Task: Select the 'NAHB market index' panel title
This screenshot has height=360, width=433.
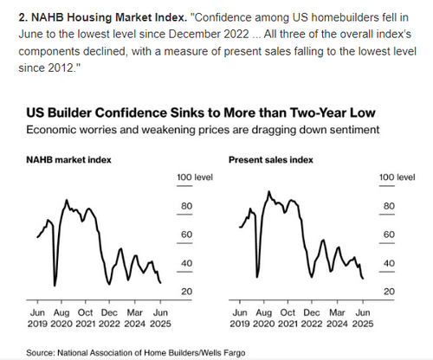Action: point(68,160)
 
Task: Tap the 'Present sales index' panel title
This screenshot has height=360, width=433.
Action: point(271,160)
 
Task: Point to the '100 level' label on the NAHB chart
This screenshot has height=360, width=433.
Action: point(195,177)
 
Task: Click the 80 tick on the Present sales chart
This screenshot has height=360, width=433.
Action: point(389,206)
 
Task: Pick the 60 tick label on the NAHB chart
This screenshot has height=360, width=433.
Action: point(186,235)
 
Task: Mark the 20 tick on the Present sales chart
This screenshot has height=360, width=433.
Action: point(389,292)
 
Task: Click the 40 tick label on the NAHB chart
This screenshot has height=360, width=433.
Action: point(186,263)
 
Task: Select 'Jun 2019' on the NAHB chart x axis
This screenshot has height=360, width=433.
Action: point(37,318)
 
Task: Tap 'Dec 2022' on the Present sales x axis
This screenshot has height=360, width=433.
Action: point(312,318)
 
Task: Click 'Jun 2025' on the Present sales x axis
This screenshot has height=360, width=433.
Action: point(363,318)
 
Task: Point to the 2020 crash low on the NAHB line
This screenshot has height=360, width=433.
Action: point(55,286)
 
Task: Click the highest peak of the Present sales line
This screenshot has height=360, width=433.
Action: point(269,191)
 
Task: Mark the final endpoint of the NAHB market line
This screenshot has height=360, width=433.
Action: point(160,283)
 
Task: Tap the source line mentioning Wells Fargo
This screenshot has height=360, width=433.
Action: point(136,352)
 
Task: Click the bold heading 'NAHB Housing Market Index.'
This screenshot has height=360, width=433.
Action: point(103,17)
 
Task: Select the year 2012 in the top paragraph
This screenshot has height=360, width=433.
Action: point(61,68)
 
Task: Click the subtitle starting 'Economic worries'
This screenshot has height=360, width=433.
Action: point(203,130)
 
